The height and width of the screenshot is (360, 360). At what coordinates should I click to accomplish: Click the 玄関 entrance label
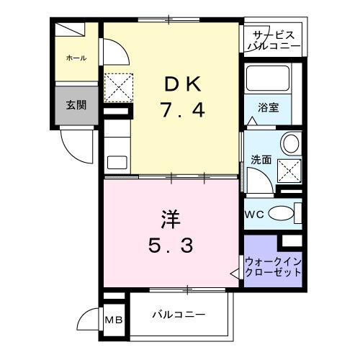(x=76, y=105)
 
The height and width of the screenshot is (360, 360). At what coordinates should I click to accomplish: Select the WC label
(x=256, y=214)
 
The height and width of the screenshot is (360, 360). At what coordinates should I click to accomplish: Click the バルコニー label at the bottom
(x=179, y=315)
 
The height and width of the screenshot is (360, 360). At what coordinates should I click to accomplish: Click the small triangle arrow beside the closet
(x=235, y=273)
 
